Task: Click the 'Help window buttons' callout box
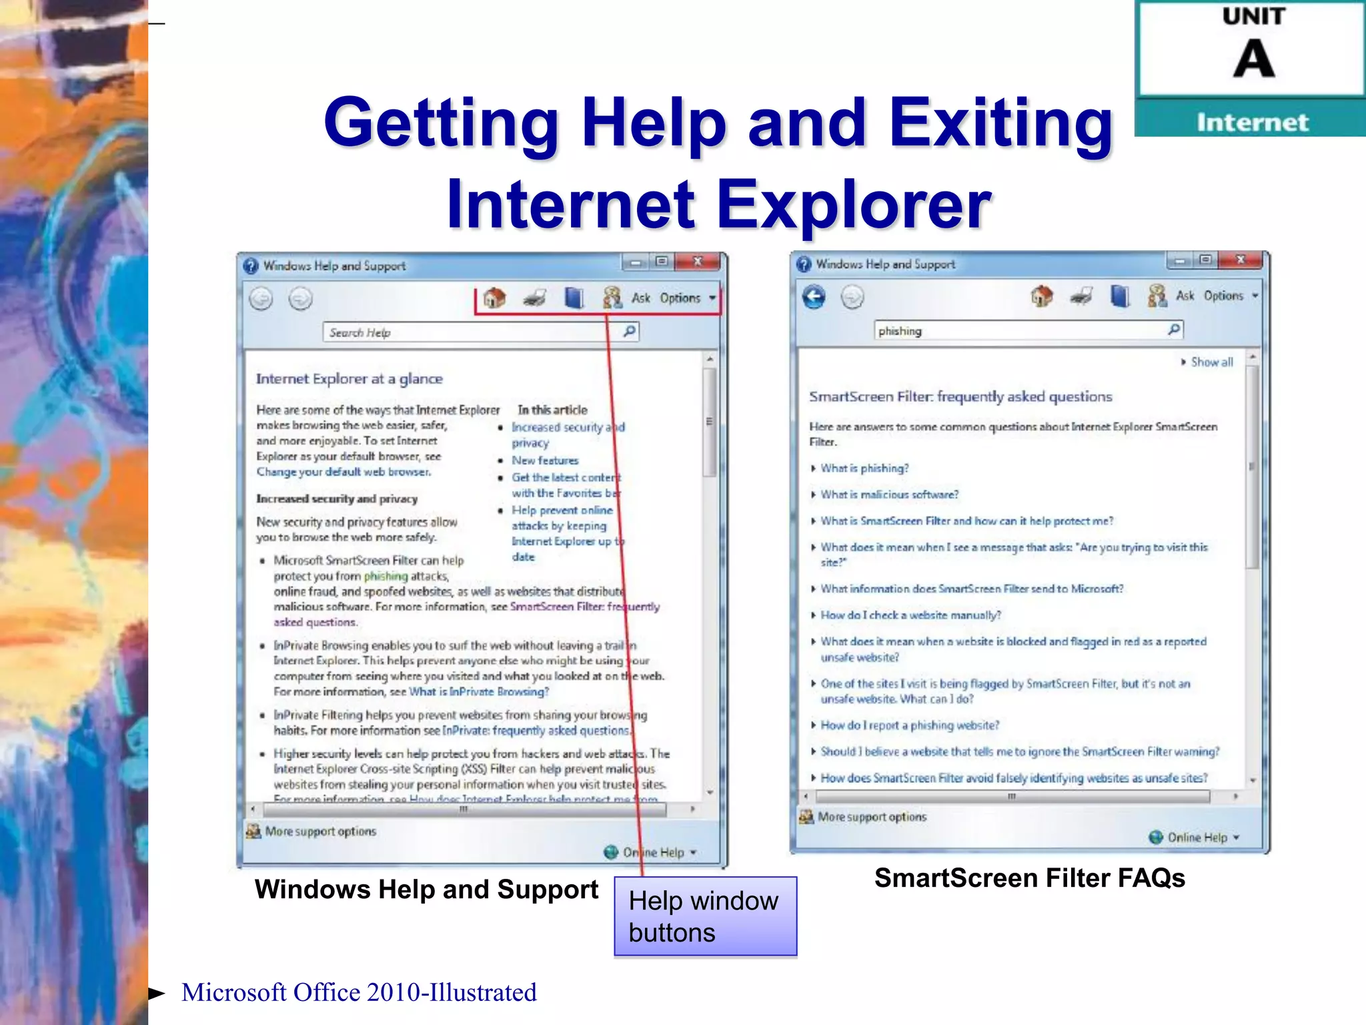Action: (705, 916)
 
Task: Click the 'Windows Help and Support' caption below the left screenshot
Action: (426, 890)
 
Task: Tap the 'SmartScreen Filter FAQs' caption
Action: (1029, 878)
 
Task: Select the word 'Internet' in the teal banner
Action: (1252, 123)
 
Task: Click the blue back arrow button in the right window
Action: (814, 296)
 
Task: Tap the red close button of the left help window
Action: (698, 262)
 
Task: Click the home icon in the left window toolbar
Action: (494, 298)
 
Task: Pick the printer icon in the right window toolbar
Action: (1081, 296)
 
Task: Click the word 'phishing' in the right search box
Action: (900, 331)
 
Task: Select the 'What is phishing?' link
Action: (864, 468)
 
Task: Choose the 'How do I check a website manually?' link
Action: (910, 615)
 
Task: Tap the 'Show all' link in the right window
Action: (1211, 362)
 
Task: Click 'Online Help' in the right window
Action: (1197, 837)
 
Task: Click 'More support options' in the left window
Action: (320, 831)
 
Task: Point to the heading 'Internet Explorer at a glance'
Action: (350, 379)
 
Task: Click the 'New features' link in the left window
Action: (545, 460)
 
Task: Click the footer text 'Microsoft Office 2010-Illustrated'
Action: (359, 993)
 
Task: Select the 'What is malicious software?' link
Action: (889, 494)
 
